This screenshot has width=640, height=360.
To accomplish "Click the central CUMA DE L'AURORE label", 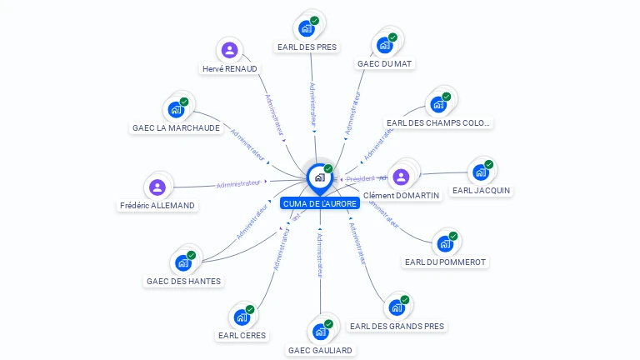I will tap(320, 203).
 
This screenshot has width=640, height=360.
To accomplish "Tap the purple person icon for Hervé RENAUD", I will tap(229, 50).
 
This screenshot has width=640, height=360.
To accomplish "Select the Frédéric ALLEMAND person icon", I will tap(157, 187).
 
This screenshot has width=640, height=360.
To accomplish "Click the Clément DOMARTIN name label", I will tap(401, 195).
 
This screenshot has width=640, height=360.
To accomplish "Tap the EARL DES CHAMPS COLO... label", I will tap(439, 122).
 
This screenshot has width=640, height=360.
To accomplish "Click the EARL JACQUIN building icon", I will tap(480, 172).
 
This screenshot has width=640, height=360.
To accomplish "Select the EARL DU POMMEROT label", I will tap(445, 262).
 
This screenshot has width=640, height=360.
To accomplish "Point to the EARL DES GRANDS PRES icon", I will tap(397, 307).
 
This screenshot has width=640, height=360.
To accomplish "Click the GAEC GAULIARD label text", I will tap(320, 350).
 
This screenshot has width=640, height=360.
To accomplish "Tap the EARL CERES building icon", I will tap(242, 317).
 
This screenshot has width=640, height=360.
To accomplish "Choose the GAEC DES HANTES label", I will tap(183, 281).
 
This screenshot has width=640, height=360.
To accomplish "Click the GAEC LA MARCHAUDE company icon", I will tap(176, 110).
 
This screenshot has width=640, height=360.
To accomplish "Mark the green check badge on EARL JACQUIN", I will tap(488, 165).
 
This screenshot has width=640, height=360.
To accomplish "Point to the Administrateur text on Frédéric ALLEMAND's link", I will tap(237, 183).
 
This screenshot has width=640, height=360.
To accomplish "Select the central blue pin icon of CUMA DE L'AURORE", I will tap(319, 177).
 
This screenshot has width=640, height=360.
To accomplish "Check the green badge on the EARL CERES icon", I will tap(249, 310).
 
